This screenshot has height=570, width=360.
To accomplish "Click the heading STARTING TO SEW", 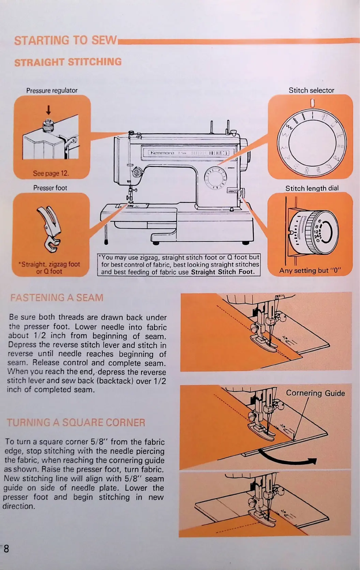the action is point(65,41).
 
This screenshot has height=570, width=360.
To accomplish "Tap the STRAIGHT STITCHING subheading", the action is point(68,62).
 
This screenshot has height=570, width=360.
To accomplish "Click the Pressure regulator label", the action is point(52,91).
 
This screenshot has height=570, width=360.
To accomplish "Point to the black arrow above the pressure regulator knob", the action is point(48,110).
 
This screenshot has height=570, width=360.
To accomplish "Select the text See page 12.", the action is point(51,173).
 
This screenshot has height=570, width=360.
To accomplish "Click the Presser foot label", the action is point(50,188).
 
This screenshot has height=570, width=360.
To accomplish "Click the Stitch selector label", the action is point(311,90).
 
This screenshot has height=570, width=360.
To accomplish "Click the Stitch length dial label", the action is point(312,188).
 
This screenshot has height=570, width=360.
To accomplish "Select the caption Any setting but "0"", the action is point(310,271).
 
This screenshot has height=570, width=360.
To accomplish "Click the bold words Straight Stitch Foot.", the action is point(223,272).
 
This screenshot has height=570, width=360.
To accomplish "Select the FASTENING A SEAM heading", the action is point(57,298).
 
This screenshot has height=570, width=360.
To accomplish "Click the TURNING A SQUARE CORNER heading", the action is point(76,423).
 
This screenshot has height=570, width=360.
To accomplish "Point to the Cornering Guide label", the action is point(315,393).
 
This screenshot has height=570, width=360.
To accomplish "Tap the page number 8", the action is point(6,549).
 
